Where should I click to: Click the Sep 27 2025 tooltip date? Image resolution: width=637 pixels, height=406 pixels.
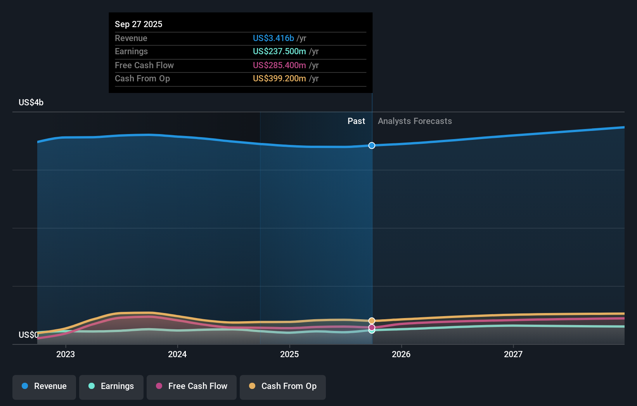pyautogui.click(x=138, y=24)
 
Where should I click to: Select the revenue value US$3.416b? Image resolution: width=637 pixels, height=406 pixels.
pyautogui.click(x=273, y=38)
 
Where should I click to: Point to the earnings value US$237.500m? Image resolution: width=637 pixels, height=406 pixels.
pyautogui.click(x=279, y=51)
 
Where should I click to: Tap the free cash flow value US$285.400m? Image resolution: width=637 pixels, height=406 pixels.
pyautogui.click(x=279, y=65)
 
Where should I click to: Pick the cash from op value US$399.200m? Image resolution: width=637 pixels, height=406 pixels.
pyautogui.click(x=279, y=78)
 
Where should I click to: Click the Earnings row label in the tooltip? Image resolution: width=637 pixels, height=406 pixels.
pyautogui.click(x=131, y=51)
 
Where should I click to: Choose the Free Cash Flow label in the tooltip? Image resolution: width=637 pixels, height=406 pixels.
pyautogui.click(x=144, y=65)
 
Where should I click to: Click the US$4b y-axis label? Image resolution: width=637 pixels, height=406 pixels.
pyautogui.click(x=31, y=102)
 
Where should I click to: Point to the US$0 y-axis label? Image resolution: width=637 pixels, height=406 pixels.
pyautogui.click(x=28, y=335)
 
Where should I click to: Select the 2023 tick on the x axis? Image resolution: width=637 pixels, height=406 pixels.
pyautogui.click(x=66, y=354)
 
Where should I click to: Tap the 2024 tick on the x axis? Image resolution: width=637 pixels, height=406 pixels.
pyautogui.click(x=177, y=354)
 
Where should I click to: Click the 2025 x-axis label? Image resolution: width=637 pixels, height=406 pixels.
pyautogui.click(x=289, y=354)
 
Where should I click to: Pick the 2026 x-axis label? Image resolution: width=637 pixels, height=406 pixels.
pyautogui.click(x=401, y=354)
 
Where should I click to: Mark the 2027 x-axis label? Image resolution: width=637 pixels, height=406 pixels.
pyautogui.click(x=513, y=354)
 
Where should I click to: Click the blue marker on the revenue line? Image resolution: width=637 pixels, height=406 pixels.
pyautogui.click(x=372, y=145)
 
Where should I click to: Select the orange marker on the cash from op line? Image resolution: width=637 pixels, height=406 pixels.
pyautogui.click(x=372, y=321)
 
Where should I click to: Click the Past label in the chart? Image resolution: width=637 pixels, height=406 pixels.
pyautogui.click(x=356, y=121)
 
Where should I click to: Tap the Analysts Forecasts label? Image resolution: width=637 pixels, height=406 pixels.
pyautogui.click(x=415, y=121)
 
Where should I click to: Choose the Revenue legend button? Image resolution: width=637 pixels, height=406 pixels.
pyautogui.click(x=44, y=386)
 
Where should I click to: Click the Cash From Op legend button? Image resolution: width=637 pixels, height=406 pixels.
pyautogui.click(x=283, y=386)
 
